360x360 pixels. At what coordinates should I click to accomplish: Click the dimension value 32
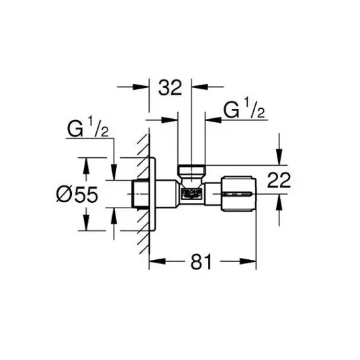170,87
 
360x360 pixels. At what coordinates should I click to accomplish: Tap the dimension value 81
201,262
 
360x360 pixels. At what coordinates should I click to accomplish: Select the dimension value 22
279,180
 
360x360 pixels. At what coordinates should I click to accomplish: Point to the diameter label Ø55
77,194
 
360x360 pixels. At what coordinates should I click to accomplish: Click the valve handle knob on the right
238,194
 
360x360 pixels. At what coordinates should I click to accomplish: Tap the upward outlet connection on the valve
191,172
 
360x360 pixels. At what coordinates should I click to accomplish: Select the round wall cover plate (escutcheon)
152,194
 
